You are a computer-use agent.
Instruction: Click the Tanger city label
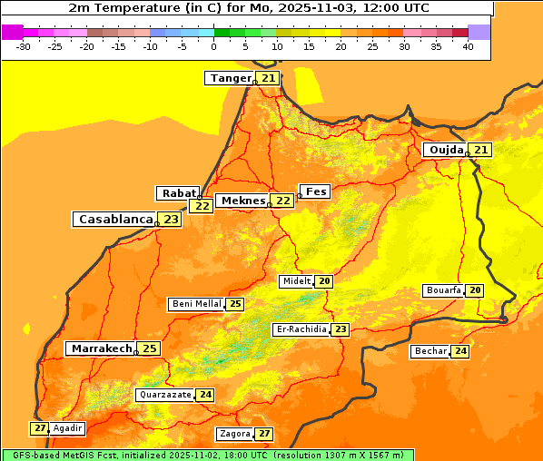tap(230, 78)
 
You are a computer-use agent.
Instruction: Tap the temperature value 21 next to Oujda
tap(480, 150)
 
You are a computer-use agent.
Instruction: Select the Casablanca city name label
tap(114, 220)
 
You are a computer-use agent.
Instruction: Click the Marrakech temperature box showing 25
tap(149, 348)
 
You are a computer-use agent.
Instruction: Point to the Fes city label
tap(316, 191)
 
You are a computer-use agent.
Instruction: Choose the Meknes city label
tap(242, 201)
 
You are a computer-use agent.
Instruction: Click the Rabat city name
tap(178, 193)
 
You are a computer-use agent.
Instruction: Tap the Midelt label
tap(296, 281)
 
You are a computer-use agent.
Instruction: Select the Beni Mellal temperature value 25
tap(235, 304)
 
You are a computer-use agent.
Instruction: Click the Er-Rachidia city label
tap(301, 329)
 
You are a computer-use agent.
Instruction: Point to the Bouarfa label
tap(444, 290)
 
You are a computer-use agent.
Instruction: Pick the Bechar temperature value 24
tap(460, 351)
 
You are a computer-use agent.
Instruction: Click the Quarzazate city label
tap(164, 395)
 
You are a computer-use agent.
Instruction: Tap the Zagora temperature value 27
tap(263, 434)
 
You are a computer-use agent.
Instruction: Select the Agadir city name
tap(68, 427)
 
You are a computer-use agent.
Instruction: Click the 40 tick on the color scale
tap(468, 46)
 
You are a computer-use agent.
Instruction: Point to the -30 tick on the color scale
tap(24, 46)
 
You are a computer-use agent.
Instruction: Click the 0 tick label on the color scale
tap(213, 46)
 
